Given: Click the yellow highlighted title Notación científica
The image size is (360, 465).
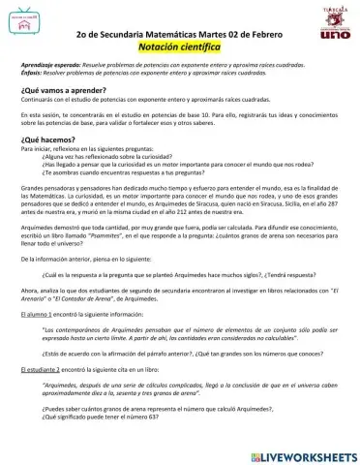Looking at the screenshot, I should point(179,46).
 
